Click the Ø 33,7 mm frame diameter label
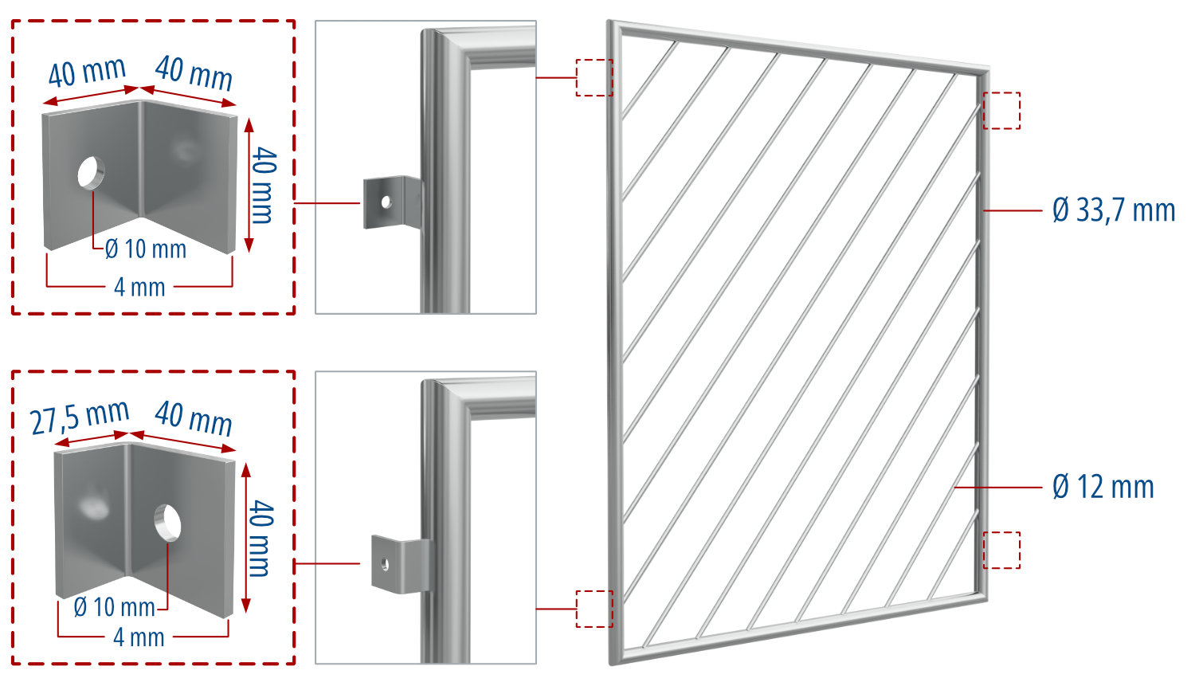click(x=1113, y=210)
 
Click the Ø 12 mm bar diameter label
click(x=1103, y=487)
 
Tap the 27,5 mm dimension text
click(x=80, y=417)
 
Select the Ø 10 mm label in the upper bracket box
click(x=146, y=249)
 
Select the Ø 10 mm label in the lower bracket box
click(x=114, y=607)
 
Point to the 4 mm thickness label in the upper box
click(x=139, y=287)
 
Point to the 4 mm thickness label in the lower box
click(x=139, y=637)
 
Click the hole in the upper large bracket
click(x=91, y=172)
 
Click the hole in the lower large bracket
click(x=167, y=521)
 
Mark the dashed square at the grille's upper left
click(x=594, y=77)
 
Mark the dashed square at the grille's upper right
click(x=1001, y=110)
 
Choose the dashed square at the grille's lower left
click(x=594, y=609)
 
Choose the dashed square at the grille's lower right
click(x=1001, y=550)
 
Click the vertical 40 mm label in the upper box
click(x=262, y=186)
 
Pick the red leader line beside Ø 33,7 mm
click(x=1013, y=210)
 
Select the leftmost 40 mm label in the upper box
click(x=87, y=73)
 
